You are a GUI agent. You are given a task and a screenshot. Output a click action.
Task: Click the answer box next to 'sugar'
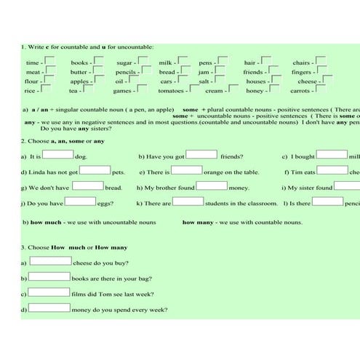[144, 61]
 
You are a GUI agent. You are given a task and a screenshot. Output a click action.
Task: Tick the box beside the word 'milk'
[183, 61]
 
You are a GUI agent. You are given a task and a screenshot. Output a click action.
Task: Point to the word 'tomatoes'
[172, 91]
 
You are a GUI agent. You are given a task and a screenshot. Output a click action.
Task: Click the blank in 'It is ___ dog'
[58, 154]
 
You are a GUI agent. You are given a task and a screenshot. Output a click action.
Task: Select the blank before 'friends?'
[202, 154]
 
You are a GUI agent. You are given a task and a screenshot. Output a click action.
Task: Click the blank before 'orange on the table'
[187, 170]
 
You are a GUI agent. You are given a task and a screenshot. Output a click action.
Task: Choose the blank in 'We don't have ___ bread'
[89, 186]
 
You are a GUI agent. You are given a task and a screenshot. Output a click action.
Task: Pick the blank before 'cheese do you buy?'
[49, 261]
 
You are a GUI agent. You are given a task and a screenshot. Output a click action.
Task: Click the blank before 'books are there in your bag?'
[49, 277]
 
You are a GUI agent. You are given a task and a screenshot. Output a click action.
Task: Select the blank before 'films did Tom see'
[49, 293]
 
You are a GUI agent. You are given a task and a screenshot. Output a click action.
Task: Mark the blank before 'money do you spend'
[49, 309]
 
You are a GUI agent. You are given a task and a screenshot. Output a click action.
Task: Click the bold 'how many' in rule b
[198, 222]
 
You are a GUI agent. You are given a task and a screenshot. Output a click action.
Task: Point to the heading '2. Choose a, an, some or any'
[63, 140]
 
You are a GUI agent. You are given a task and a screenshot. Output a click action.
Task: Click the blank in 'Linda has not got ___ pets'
[95, 170]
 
